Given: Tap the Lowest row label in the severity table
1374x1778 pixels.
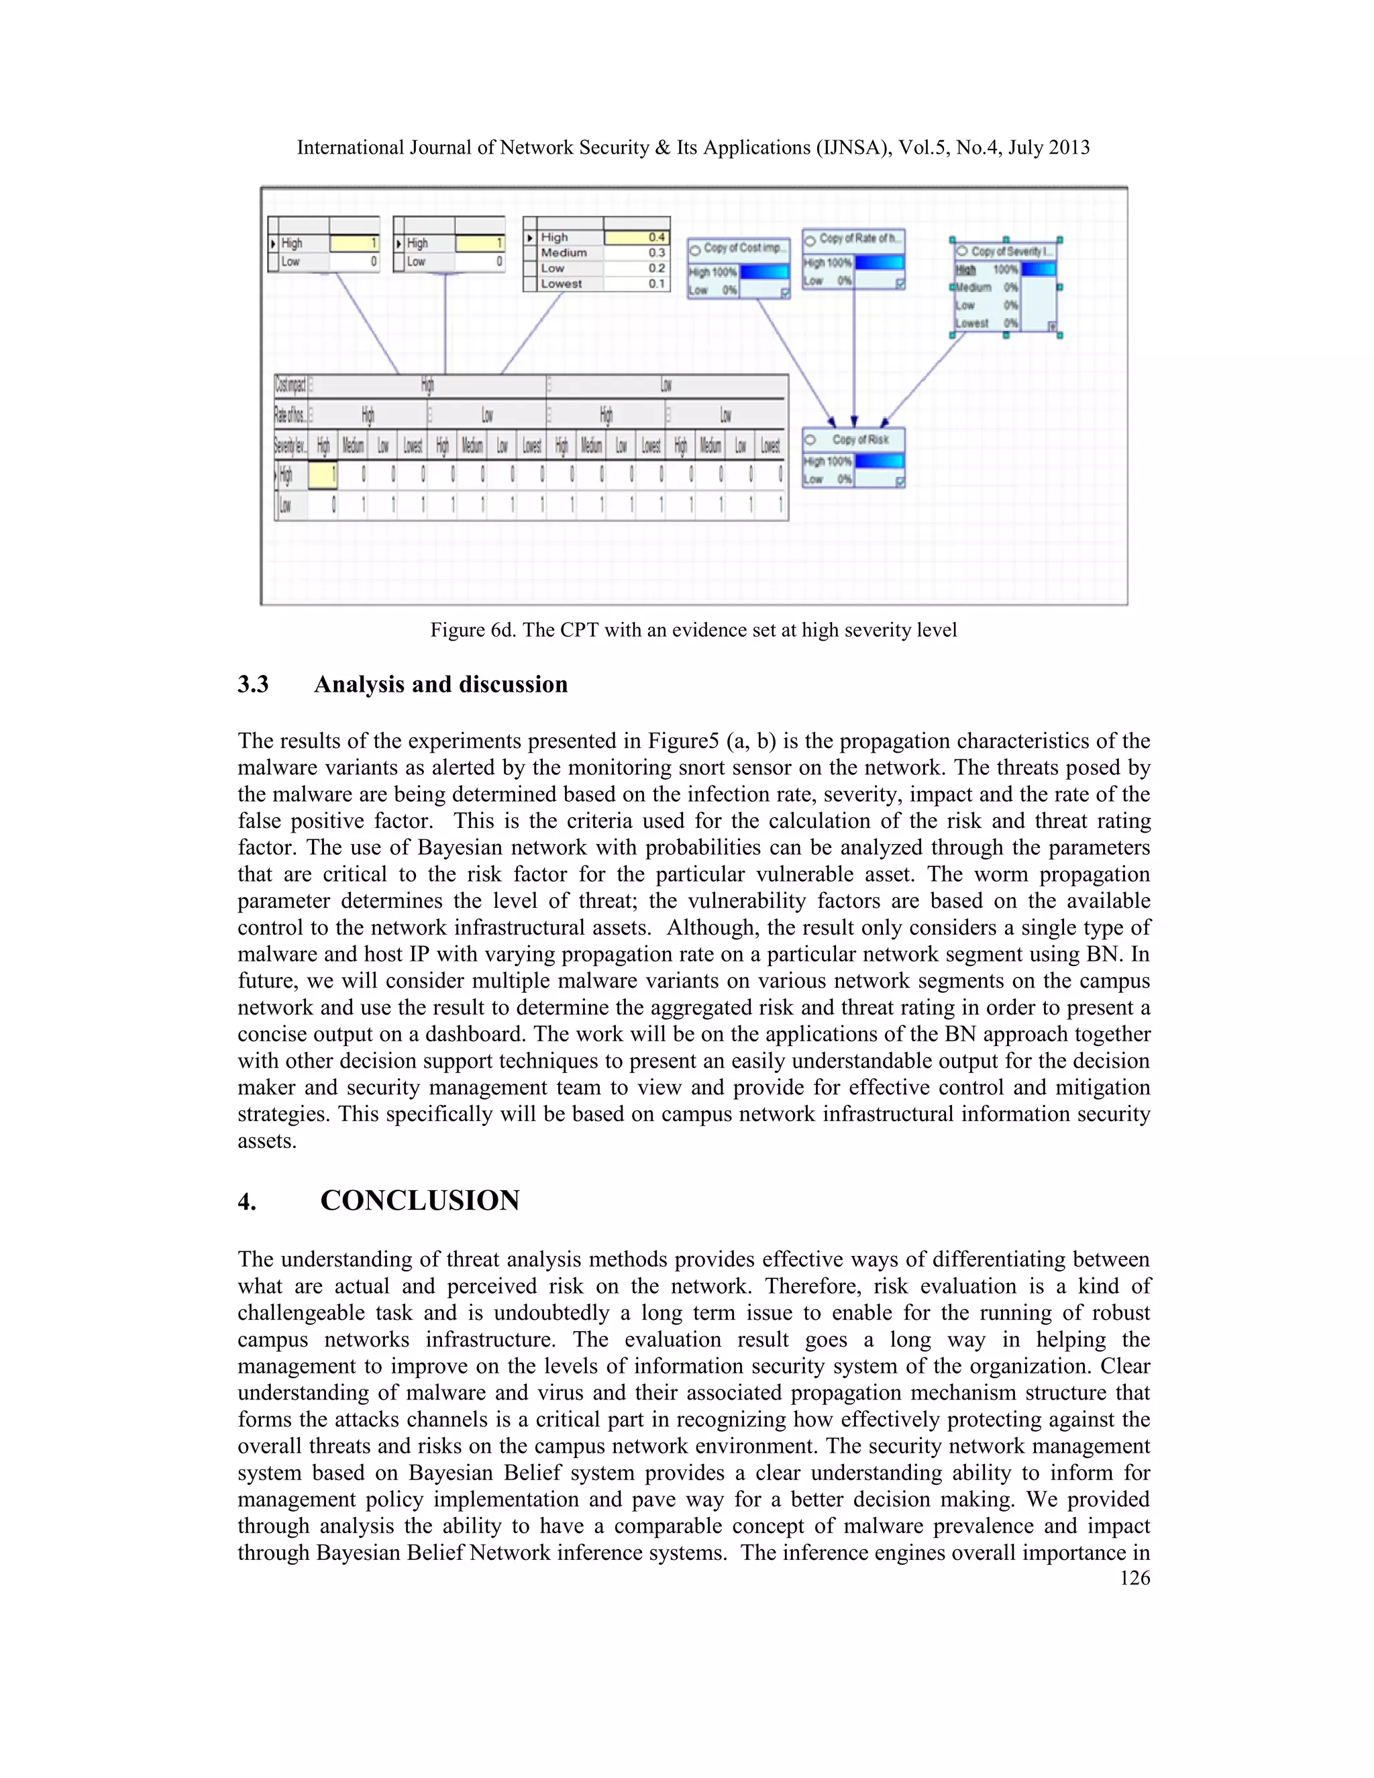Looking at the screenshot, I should point(562,283).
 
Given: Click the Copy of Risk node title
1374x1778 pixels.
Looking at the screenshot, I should point(859,439).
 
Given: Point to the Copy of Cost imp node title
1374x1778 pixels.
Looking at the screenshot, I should point(744,248).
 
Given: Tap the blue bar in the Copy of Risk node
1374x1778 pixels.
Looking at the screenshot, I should point(878,461).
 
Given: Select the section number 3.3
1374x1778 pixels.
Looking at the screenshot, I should point(253,684).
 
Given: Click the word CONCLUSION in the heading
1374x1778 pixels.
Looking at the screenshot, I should point(419,1201).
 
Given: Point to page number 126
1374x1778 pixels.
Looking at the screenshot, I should point(1134,1579).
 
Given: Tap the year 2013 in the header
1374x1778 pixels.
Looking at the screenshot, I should point(1068,148).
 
